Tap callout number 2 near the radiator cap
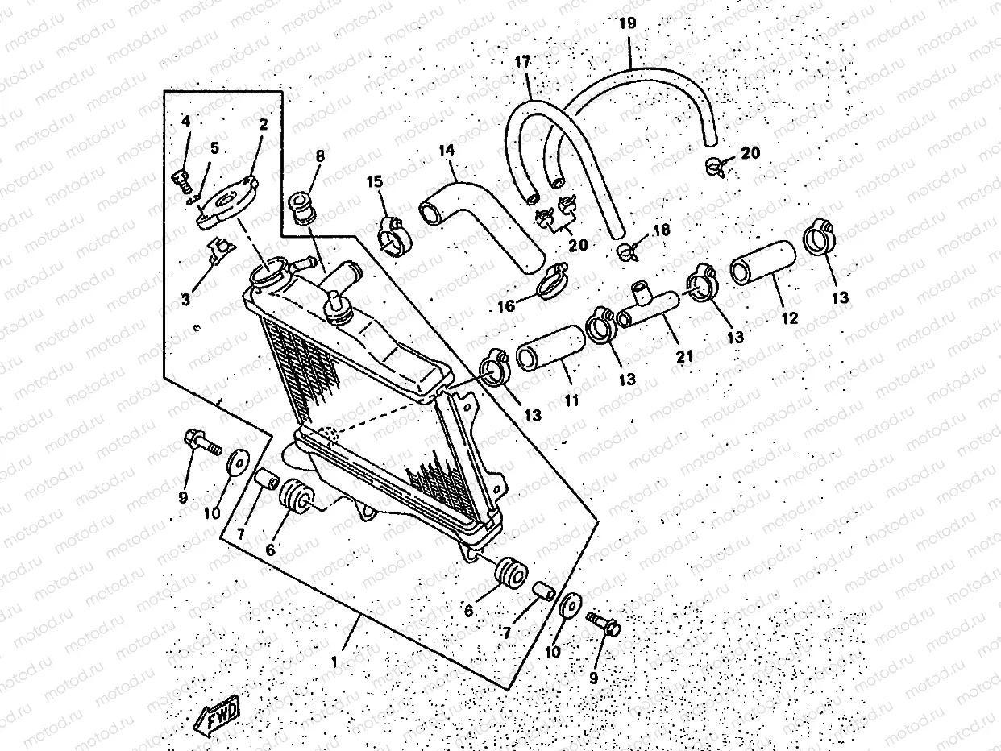point(264,126)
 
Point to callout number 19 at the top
point(628,23)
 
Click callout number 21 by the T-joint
point(686,355)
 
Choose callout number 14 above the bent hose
point(447,151)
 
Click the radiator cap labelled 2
point(227,201)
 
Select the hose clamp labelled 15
point(393,236)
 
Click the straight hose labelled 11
point(549,348)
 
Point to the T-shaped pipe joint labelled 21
point(649,308)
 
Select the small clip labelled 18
point(626,252)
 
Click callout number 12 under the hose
point(789,318)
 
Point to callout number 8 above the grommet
point(320,156)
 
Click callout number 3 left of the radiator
point(186,300)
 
